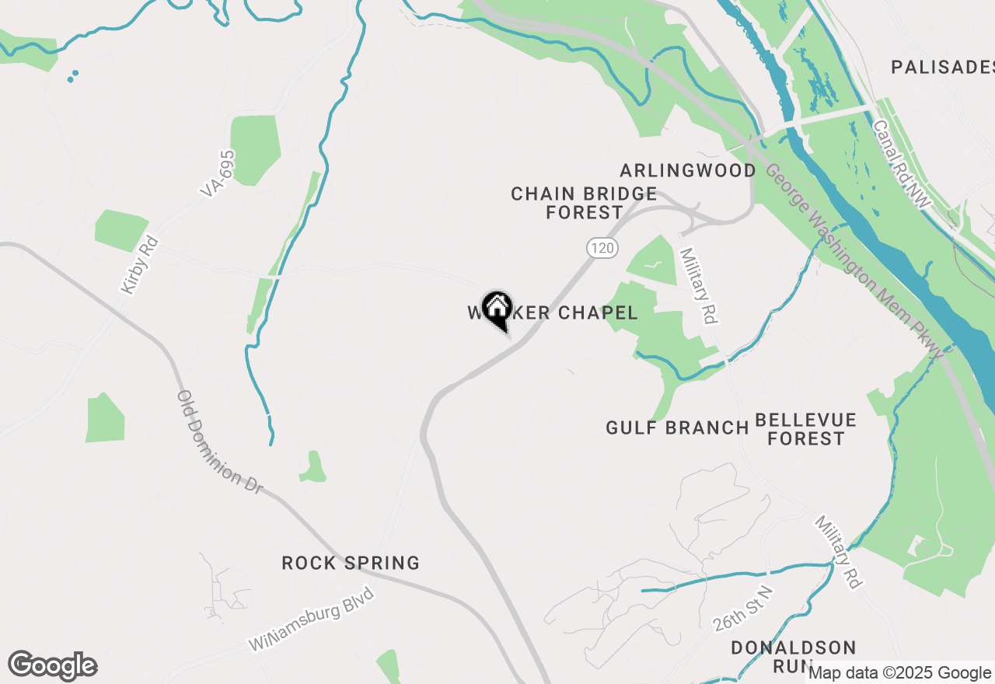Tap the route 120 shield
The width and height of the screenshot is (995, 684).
pyautogui.click(x=602, y=248)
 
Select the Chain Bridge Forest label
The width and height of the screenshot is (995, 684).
pyautogui.click(x=584, y=203)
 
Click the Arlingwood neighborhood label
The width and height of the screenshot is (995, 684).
pyautogui.click(x=688, y=170)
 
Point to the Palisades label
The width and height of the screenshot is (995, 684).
pyautogui.click(x=942, y=67)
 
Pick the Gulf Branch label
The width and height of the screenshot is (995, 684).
pyautogui.click(x=677, y=427)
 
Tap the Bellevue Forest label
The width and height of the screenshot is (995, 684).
pyautogui.click(x=806, y=429)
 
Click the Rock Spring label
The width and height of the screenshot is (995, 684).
pyautogui.click(x=351, y=563)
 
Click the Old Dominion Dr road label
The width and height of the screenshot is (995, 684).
pyautogui.click(x=219, y=441)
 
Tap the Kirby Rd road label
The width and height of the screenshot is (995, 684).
pyautogui.click(x=140, y=265)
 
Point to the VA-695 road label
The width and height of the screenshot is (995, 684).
pyautogui.click(x=218, y=173)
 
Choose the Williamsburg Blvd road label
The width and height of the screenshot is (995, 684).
pyautogui.click(x=312, y=619)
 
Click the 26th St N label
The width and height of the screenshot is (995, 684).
pyautogui.click(x=744, y=609)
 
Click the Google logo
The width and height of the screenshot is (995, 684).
pyautogui.click(x=52, y=665)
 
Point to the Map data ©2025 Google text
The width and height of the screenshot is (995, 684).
pyautogui.click(x=900, y=673)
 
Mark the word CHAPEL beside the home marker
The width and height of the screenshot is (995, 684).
pyautogui.click(x=595, y=313)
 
